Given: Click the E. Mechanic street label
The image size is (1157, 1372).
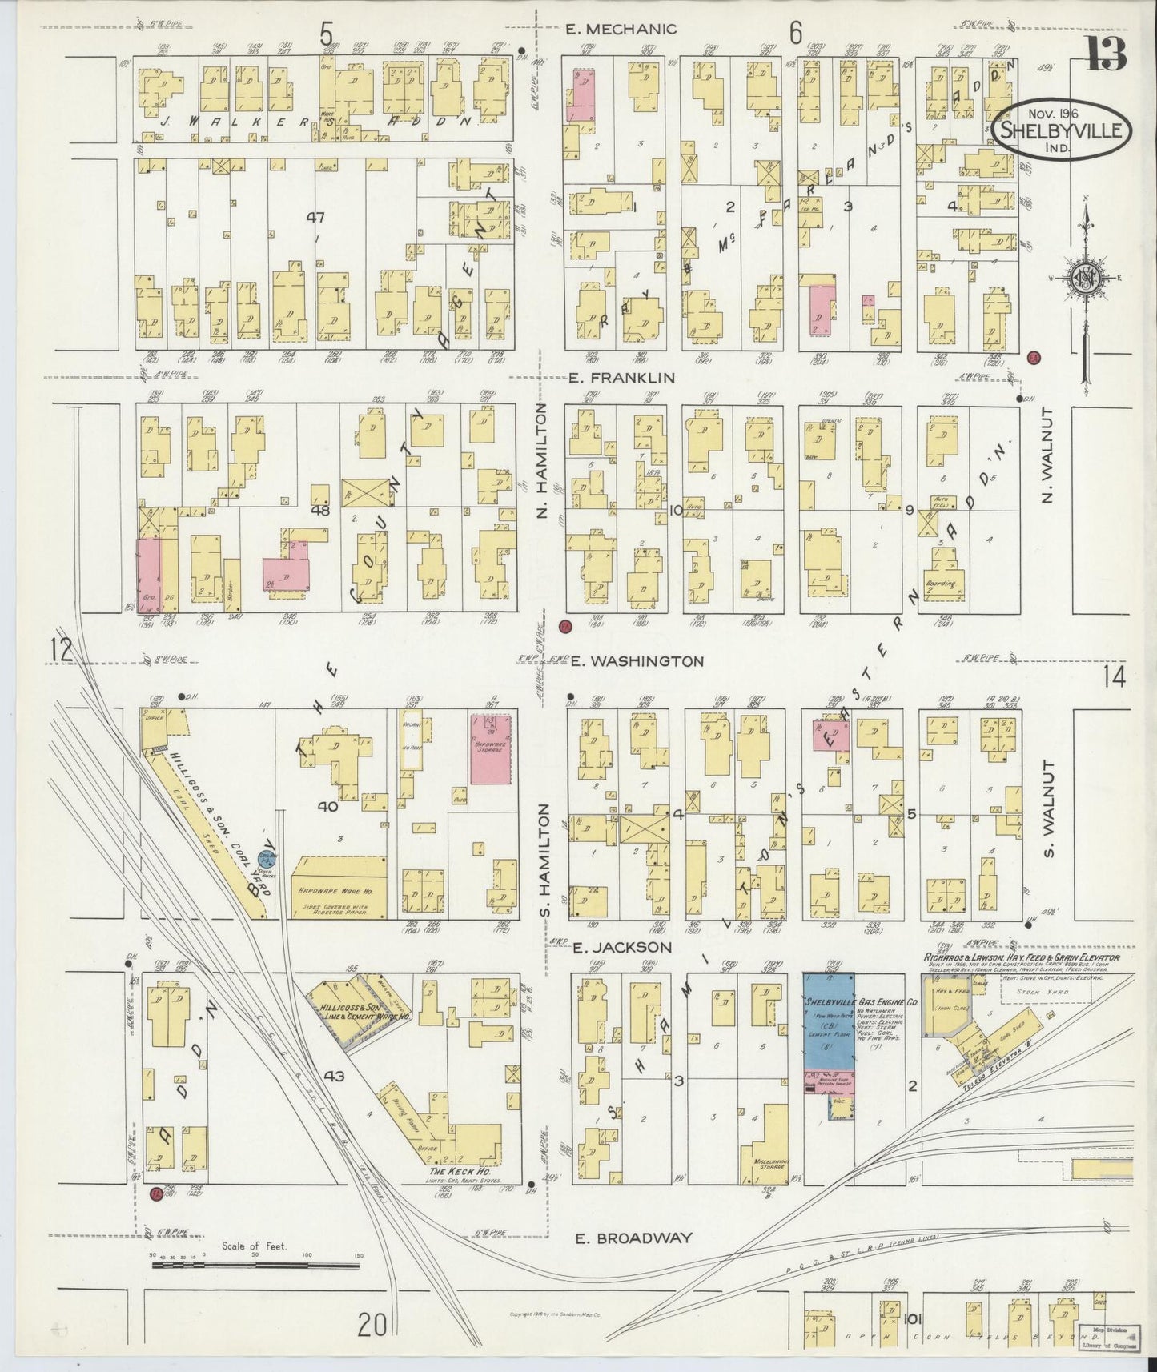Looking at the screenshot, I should coord(621,30).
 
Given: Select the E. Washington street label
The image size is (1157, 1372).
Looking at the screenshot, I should coord(637,661).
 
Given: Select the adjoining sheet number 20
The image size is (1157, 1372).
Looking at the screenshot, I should coord(372,1325).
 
